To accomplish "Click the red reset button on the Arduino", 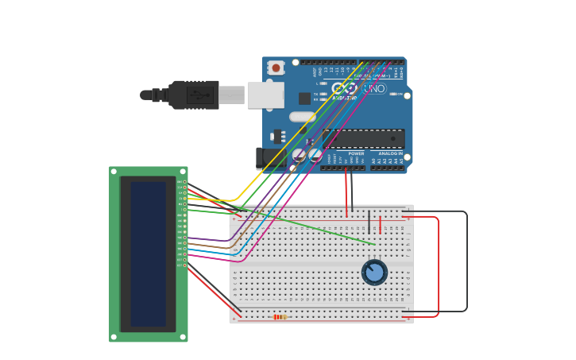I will point(276,68).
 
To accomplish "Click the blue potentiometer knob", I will point(374,273).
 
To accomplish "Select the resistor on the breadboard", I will point(280,316).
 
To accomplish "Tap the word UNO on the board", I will point(374,88).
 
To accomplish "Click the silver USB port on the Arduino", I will point(265,95).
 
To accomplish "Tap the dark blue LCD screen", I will point(149,254).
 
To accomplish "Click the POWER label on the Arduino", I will point(356,153).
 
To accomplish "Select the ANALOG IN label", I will point(390,153).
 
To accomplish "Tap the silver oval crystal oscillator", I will point(302,117).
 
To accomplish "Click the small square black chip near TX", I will point(304,99).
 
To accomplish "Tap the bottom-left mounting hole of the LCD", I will point(114,337).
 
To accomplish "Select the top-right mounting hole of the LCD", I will point(183,171).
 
